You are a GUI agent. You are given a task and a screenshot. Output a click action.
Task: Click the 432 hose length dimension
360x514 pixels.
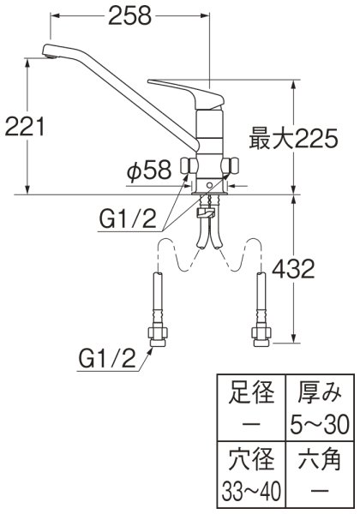[291, 271]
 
